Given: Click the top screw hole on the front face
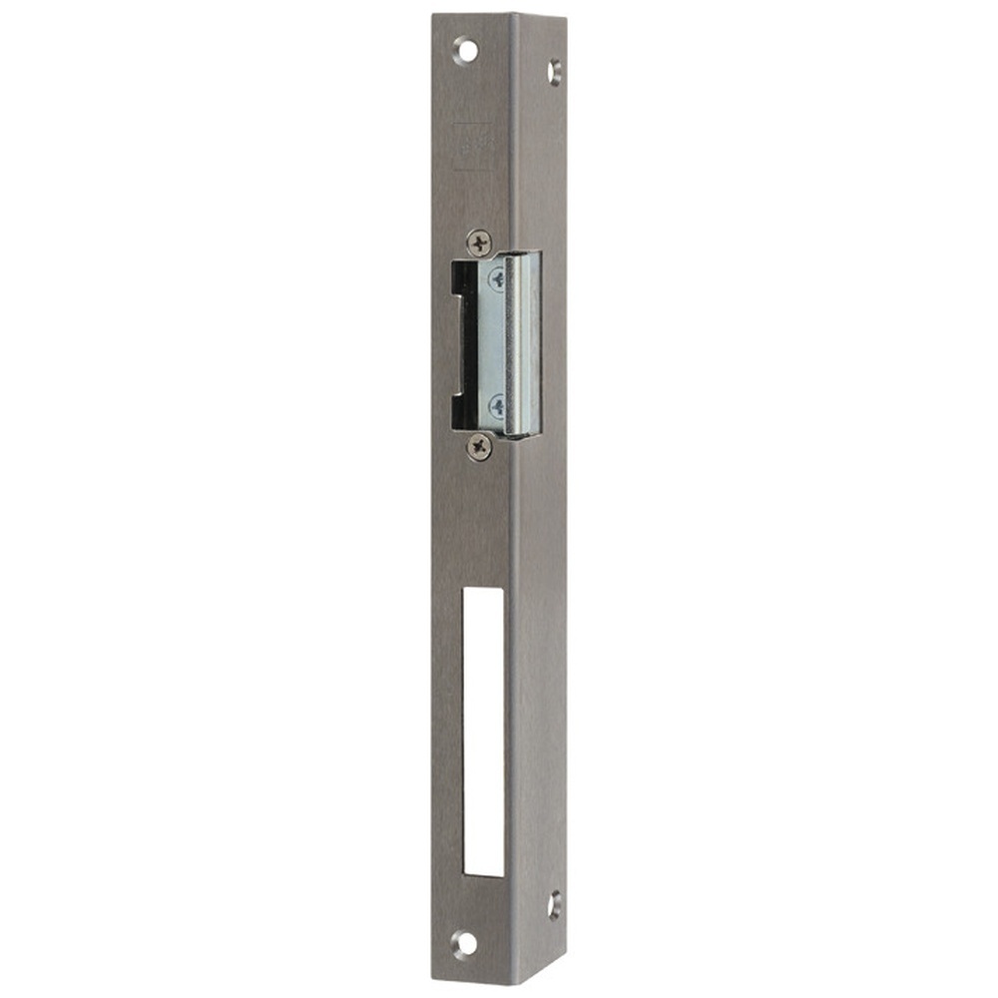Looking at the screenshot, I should click(465, 48).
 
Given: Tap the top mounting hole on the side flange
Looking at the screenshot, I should click(554, 71).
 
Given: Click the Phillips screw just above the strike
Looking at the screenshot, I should click(479, 241).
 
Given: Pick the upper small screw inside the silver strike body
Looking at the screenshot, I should click(496, 279).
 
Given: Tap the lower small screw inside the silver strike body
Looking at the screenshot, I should click(496, 405).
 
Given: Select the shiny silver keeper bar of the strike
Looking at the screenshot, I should click(523, 344).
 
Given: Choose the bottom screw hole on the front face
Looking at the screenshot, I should click(464, 942).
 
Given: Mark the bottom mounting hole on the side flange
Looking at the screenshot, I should click(554, 904).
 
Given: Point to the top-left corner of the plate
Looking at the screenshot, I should click(434, 15).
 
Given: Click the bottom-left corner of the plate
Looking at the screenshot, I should click(433, 980).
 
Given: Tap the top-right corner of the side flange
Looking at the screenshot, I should click(565, 18).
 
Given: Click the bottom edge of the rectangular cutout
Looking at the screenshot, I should click(484, 876).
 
